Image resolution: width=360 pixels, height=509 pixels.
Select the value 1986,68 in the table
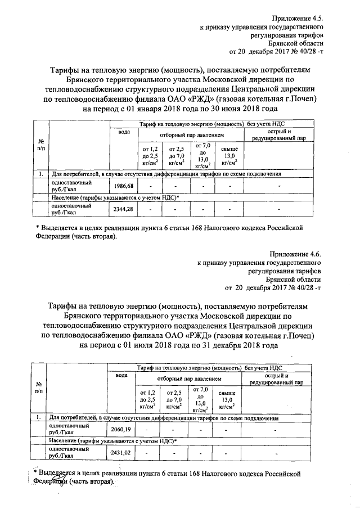click(x=123, y=186)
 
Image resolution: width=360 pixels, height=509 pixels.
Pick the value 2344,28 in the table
click(x=123, y=209)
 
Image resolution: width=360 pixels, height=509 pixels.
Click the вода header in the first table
click(x=123, y=132)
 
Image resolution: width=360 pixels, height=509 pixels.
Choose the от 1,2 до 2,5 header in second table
click(x=148, y=399)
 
